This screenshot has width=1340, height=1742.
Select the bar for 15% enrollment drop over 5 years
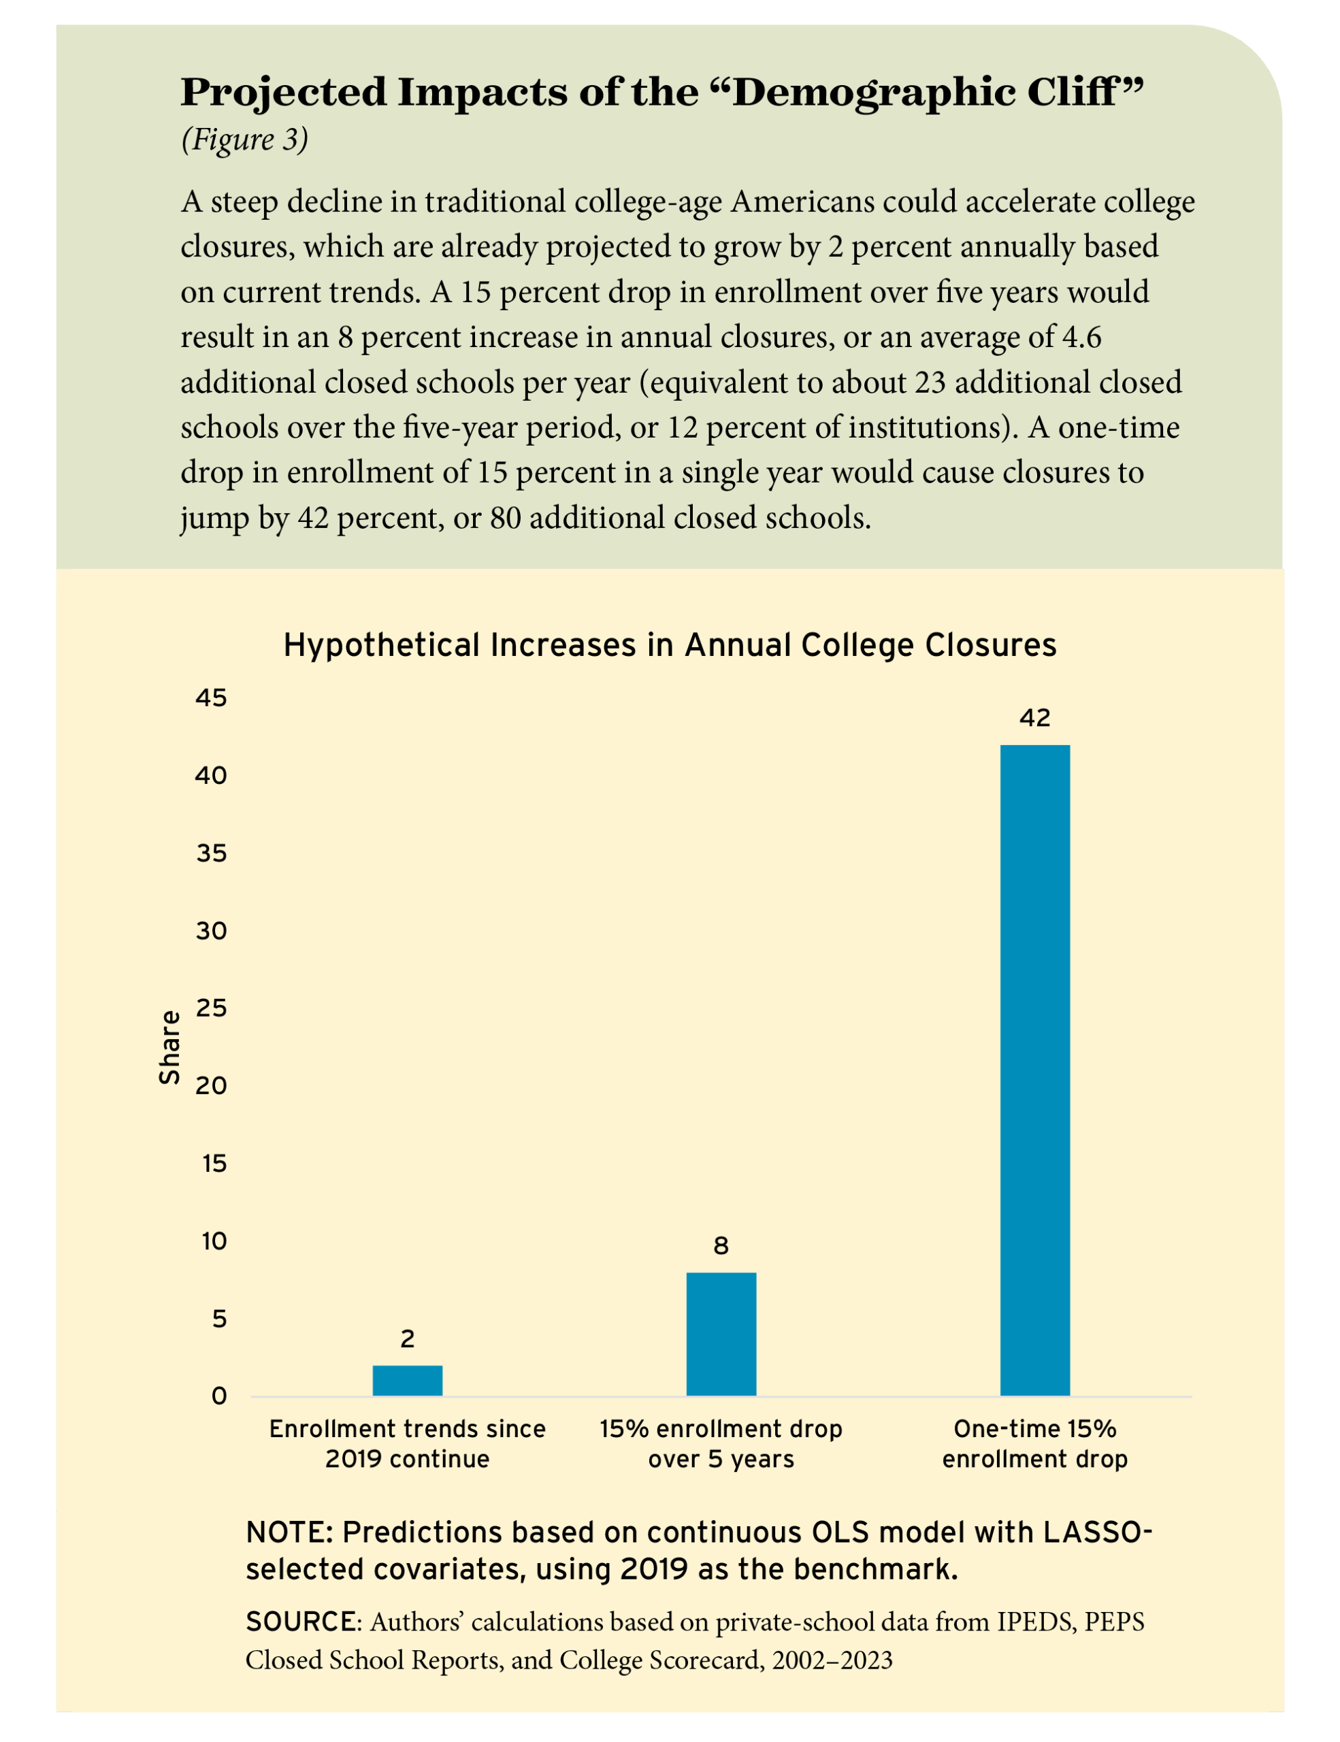721,1334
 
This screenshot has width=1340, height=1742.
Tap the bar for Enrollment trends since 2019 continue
408,1380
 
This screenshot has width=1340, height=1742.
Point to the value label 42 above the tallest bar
1034,718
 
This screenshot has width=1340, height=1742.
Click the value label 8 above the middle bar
721,1246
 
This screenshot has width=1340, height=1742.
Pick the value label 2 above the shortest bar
408,1339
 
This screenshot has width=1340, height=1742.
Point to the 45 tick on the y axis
212,699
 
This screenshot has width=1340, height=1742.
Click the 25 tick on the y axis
212,1009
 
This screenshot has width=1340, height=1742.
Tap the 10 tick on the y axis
213,1241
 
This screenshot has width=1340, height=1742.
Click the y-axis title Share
169,1047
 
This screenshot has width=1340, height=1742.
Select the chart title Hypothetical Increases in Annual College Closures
670,644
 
